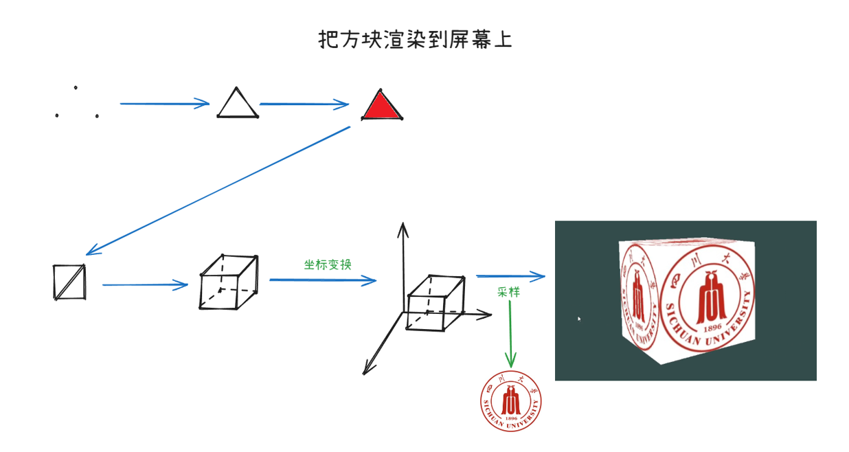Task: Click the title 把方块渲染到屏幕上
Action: pos(416,39)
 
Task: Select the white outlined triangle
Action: pos(238,105)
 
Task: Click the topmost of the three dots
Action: pos(76,87)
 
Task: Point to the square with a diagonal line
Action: pos(70,282)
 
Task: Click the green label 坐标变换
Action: pos(328,264)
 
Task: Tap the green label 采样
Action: pos(508,292)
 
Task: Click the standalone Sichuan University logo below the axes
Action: pos(511,403)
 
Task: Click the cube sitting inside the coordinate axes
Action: pos(436,302)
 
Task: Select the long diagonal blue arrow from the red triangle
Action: pos(218,191)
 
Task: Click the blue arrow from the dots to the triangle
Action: pos(164,104)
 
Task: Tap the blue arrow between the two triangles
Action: pos(304,104)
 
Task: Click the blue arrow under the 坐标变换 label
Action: pos(323,280)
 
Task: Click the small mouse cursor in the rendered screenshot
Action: pos(578,318)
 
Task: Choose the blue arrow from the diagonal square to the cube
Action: pos(145,284)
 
